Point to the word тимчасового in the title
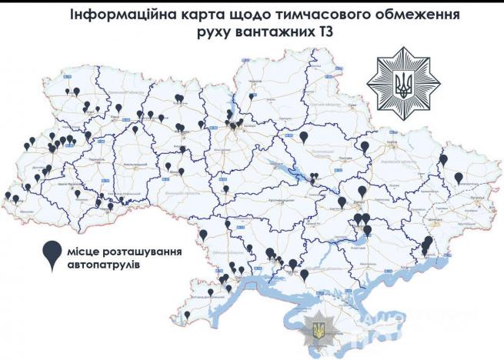[x=335, y=15]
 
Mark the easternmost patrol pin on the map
[x=458, y=178]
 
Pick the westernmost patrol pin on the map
[x=8, y=195]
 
